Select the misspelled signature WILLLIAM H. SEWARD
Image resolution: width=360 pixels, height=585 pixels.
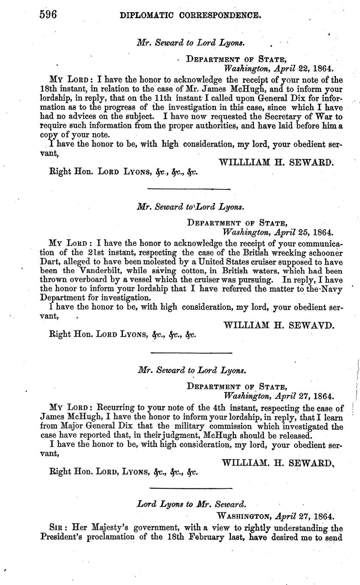tap(276, 162)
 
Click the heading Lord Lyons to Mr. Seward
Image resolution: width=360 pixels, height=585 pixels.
tap(192, 504)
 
